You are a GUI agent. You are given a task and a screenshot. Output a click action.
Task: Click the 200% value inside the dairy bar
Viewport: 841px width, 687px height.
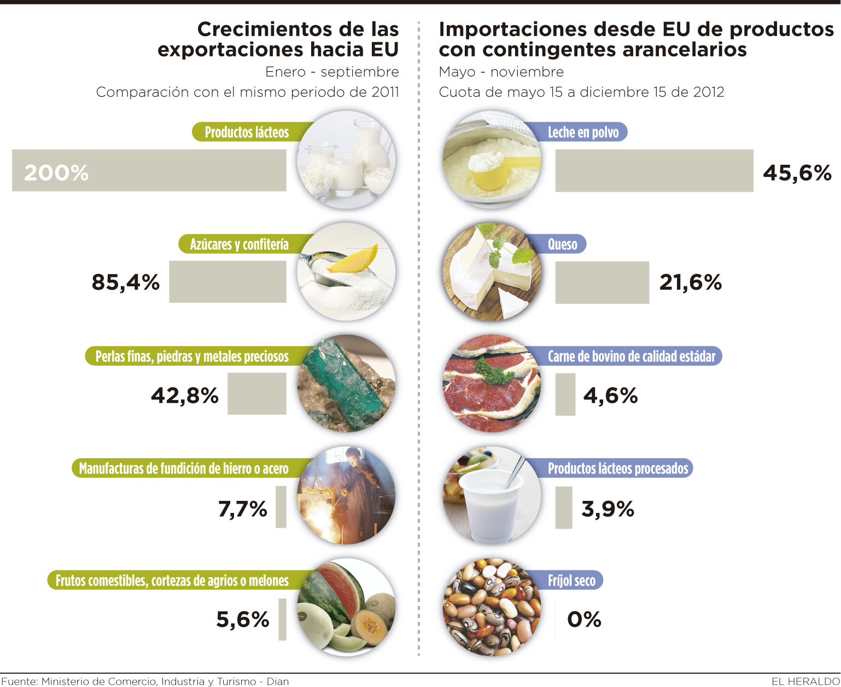[56, 173]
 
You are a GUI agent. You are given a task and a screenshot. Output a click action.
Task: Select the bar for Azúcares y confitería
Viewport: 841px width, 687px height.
[227, 281]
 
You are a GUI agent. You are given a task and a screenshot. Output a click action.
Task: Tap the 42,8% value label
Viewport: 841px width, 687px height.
[184, 395]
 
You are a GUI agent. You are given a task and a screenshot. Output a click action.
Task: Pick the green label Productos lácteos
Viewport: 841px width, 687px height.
[247, 132]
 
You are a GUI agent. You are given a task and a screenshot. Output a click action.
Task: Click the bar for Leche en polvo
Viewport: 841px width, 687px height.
[654, 171]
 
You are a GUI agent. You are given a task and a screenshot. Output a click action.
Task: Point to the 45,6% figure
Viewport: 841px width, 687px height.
[797, 173]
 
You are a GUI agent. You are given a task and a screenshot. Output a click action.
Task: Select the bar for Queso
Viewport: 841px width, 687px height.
[602, 282]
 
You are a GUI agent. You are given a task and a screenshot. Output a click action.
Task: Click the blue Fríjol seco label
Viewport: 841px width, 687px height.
[571, 580]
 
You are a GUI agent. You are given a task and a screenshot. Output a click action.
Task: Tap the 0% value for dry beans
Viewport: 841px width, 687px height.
[584, 620]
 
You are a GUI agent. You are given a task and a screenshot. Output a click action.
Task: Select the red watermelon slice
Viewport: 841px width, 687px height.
[339, 586]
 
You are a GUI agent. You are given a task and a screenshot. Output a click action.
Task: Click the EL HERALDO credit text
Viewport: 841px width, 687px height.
[805, 681]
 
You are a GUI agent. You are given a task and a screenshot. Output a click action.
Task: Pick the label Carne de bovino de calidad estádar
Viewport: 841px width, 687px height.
[632, 356]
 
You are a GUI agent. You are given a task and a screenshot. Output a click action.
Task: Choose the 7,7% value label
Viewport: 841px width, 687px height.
[242, 509]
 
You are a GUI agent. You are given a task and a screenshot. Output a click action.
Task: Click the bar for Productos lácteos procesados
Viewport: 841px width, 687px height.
[564, 507]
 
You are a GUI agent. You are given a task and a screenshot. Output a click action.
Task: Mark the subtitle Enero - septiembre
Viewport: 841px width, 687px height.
[332, 72]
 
